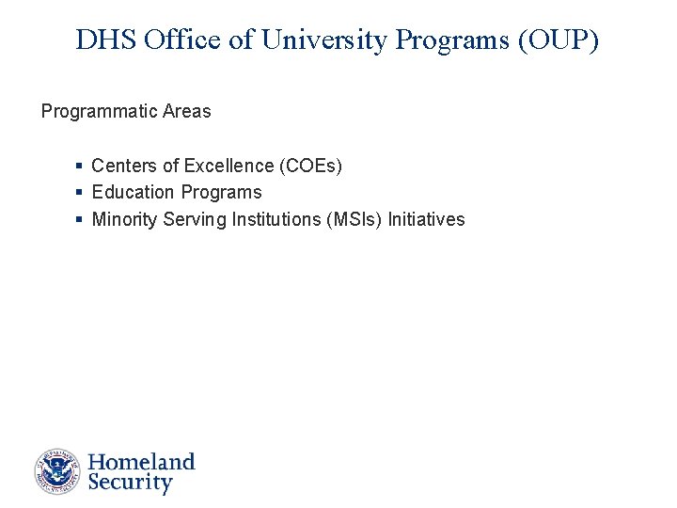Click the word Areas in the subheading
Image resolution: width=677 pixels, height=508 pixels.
187,112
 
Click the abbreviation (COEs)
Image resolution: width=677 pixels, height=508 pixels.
311,167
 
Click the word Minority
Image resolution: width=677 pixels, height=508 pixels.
124,220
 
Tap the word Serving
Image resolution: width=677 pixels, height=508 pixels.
192,220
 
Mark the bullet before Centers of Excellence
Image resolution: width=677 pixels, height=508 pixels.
79,167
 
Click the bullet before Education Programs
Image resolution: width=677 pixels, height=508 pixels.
79,193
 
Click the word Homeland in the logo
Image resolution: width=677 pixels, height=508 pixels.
141,462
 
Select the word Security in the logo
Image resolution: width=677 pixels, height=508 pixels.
130,484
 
